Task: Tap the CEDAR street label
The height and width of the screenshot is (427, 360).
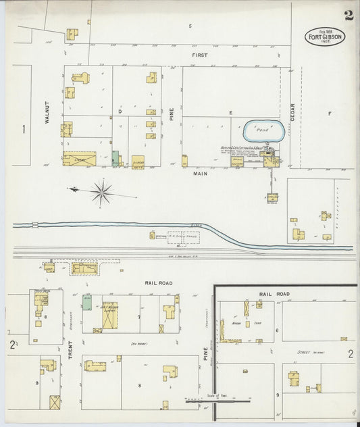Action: coord(292,108)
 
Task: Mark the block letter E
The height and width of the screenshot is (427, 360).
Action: coord(230,111)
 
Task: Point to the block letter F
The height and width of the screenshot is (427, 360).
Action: coord(330,114)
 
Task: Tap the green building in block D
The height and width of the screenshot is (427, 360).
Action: coord(116,159)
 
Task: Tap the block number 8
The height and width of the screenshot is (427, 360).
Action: coord(140,386)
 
